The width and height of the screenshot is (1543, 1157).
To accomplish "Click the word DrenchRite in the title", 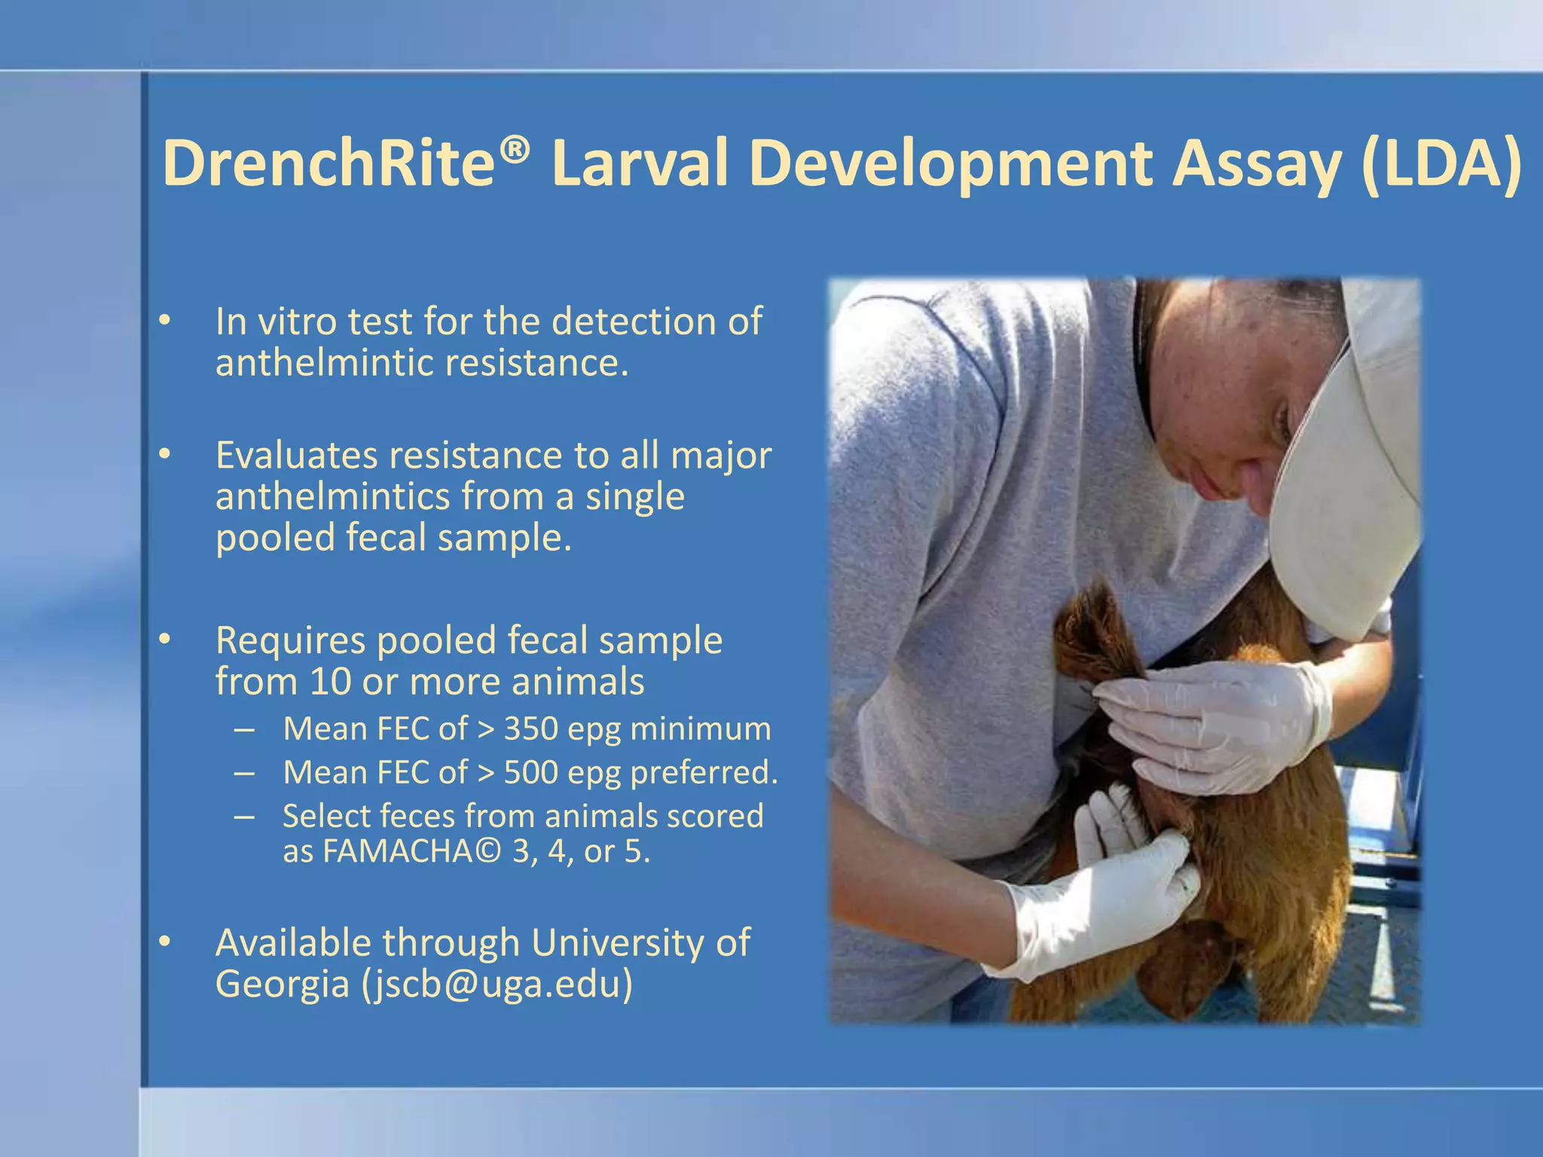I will (328, 163).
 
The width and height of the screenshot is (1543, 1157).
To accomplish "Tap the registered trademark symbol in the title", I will (514, 150).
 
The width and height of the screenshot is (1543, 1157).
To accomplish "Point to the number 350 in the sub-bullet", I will (531, 728).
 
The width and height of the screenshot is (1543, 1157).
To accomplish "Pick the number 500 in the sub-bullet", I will (531, 772).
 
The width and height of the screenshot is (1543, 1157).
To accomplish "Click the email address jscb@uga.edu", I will (497, 984).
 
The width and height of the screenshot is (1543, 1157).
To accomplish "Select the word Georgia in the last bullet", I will (282, 984).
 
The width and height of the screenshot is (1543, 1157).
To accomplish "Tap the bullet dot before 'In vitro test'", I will (165, 322).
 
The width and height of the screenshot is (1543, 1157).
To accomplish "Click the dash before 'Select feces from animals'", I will (243, 817).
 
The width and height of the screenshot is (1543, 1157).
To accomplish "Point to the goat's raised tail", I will (1092, 633).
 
